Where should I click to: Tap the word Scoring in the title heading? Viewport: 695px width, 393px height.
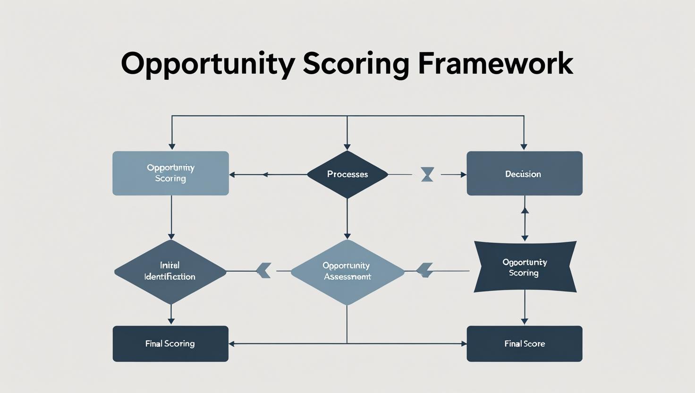point(356,64)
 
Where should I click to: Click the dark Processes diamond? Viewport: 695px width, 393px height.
point(347,174)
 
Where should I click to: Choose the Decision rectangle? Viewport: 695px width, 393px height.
point(524,173)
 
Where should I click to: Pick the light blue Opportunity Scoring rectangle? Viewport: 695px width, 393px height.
point(170,173)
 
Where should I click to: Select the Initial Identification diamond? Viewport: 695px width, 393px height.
point(170,271)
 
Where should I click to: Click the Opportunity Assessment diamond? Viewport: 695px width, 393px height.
point(347,272)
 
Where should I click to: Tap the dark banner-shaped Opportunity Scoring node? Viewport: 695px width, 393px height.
point(525,267)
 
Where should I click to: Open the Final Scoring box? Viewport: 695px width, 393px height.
point(170,344)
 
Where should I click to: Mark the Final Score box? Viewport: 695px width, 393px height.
point(524,344)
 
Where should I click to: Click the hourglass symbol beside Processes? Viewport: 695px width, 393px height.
point(427,174)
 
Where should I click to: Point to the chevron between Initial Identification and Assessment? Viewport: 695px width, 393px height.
point(263,271)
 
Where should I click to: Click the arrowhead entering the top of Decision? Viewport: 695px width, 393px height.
point(524,146)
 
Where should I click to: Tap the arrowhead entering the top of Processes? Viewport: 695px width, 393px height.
point(347,146)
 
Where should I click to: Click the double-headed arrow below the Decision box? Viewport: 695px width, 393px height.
point(525,224)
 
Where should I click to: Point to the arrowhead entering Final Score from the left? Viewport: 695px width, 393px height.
point(464,344)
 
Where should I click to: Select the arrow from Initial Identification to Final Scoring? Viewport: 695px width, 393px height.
point(171,315)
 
